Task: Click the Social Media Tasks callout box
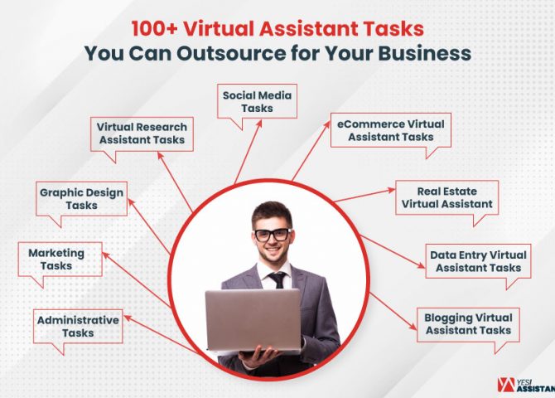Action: point(258,102)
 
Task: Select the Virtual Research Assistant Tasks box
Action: point(142,133)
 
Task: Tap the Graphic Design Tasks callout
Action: point(81,199)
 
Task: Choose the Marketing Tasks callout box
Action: point(56,260)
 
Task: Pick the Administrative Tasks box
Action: point(78,327)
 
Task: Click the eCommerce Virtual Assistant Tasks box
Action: point(390,130)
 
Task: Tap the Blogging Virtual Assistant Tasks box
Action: point(468,323)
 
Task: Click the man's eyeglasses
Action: point(272,234)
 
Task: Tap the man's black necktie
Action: point(278,279)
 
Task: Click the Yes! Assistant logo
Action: point(525,384)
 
